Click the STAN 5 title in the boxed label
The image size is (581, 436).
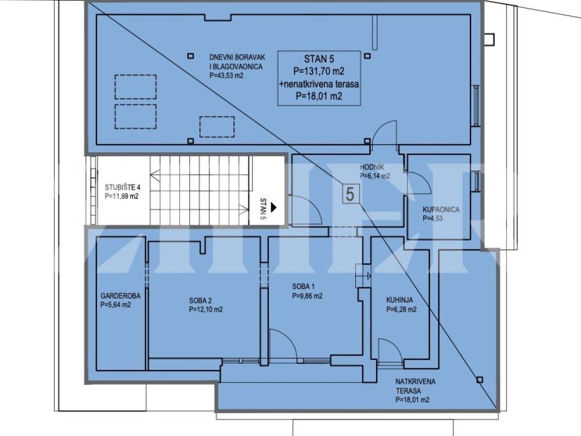(x=319, y=58)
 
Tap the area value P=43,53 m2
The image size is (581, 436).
(x=226, y=76)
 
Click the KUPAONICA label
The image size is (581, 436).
(x=441, y=209)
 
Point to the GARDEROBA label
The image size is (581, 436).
(x=120, y=296)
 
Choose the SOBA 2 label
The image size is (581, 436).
(x=200, y=301)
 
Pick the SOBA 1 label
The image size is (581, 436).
(x=303, y=287)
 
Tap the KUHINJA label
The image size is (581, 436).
(x=399, y=300)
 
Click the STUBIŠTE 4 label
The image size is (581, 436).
(x=123, y=187)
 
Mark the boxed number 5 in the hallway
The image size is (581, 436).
(x=350, y=194)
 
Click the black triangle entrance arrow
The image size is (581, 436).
(x=274, y=207)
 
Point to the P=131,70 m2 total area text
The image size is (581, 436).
(x=319, y=71)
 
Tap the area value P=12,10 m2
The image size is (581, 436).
(x=205, y=309)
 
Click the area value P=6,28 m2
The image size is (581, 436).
(x=401, y=309)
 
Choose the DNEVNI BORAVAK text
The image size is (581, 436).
(x=237, y=57)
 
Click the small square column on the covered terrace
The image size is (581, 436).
(x=480, y=380)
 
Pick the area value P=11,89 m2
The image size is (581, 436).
(x=121, y=196)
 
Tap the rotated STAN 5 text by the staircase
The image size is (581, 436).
(x=263, y=209)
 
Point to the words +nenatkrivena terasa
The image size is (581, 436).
(x=319, y=84)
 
